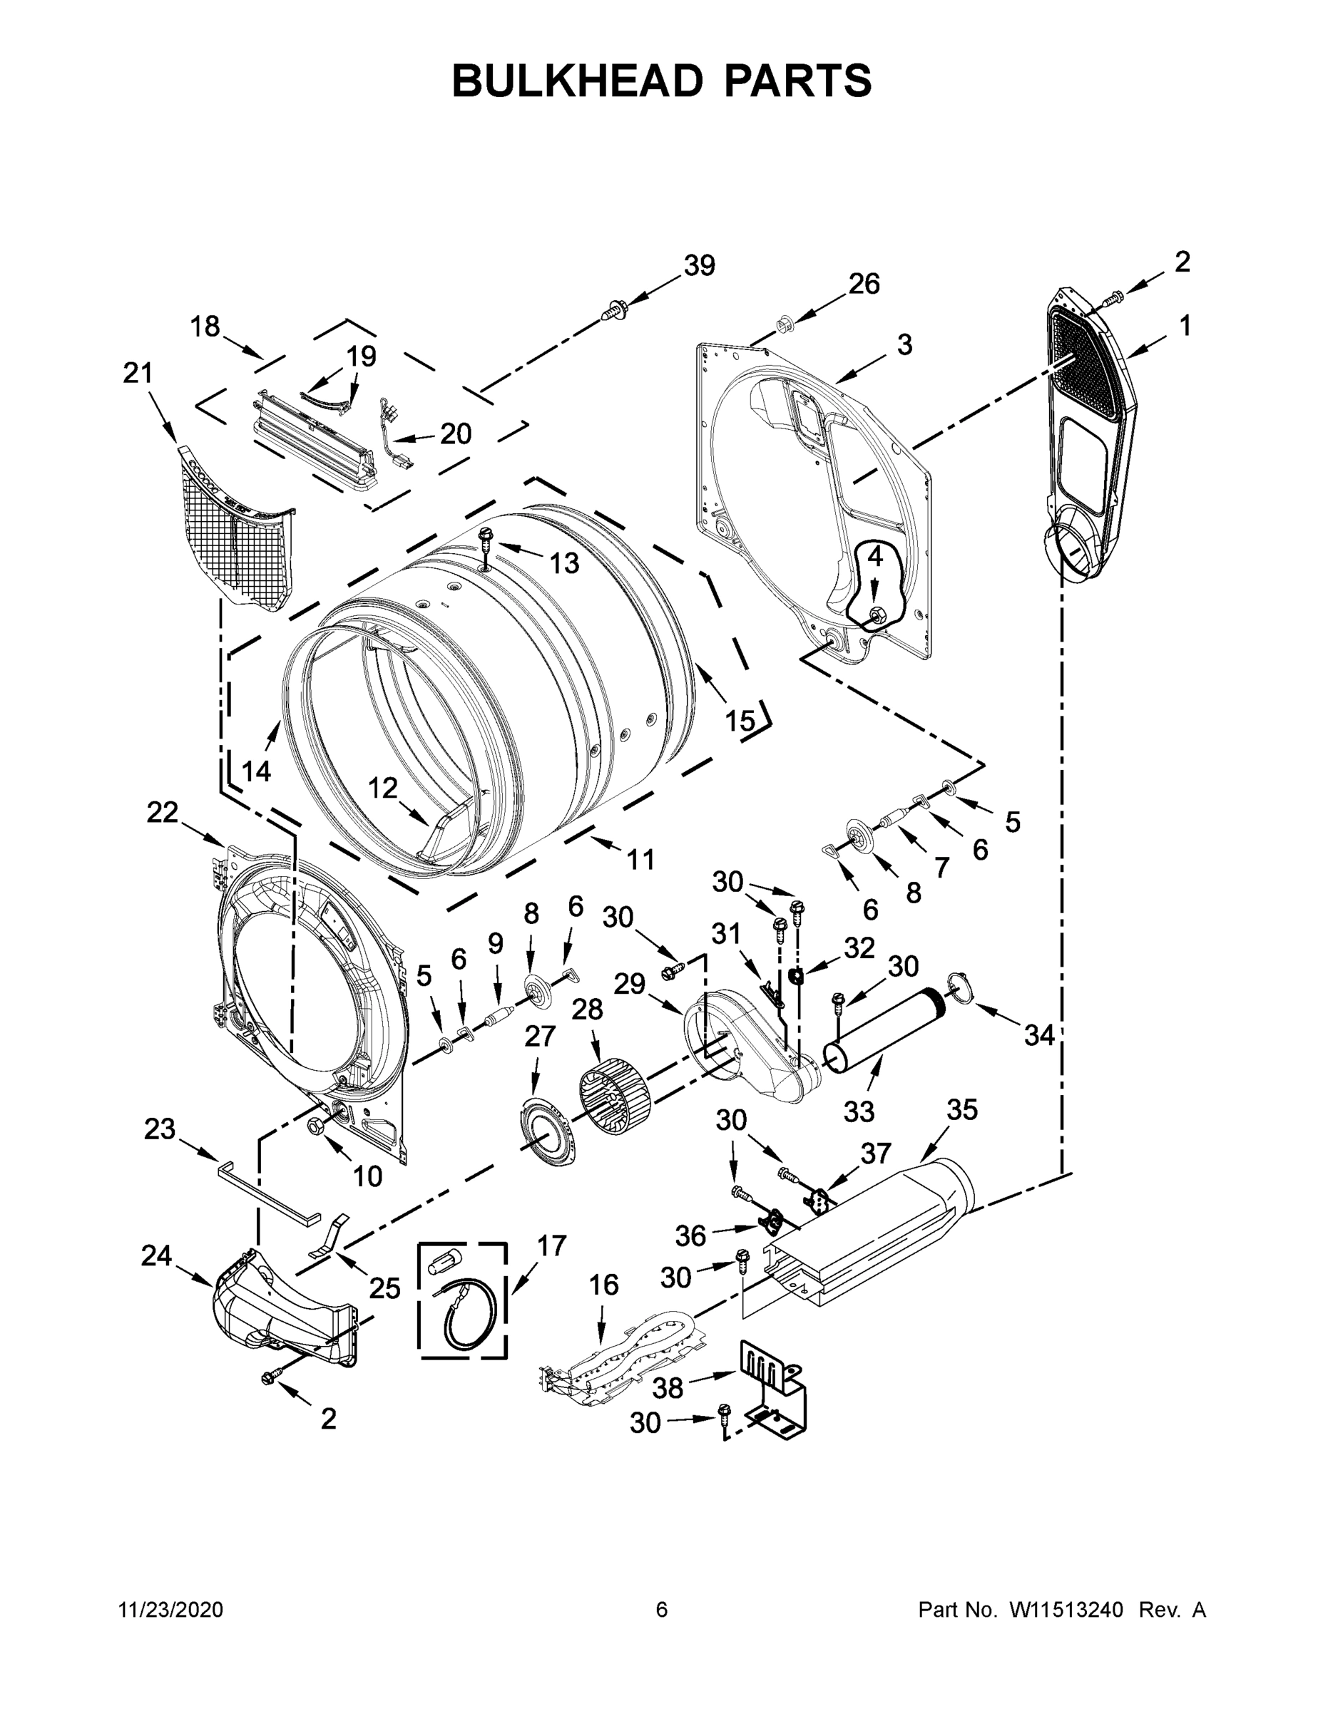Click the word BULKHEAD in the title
pyautogui.click(x=578, y=81)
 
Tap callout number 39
pyautogui.click(x=698, y=266)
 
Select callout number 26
pyautogui.click(x=864, y=284)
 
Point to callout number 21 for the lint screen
pyautogui.click(x=138, y=373)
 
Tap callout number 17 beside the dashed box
pyautogui.click(x=551, y=1245)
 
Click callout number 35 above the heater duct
pyautogui.click(x=961, y=1109)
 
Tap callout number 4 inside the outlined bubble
pyautogui.click(x=874, y=557)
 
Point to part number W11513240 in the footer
pyautogui.click(x=1067, y=1609)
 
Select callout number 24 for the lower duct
pyautogui.click(x=156, y=1256)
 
